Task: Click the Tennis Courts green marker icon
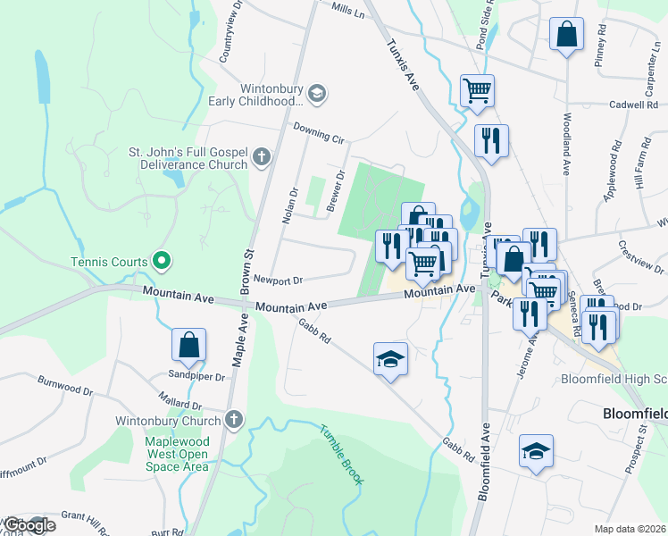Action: (x=161, y=262)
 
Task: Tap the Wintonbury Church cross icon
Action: (x=234, y=420)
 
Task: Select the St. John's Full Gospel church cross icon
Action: (x=261, y=158)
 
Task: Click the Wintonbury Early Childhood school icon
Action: (x=316, y=93)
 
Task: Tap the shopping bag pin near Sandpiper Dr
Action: (x=189, y=346)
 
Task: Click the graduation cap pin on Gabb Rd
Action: (x=390, y=359)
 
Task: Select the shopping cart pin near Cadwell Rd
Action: (x=478, y=90)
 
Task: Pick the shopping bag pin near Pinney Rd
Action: (x=566, y=35)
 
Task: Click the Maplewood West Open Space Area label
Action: (x=179, y=454)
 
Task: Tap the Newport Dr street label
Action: (x=279, y=280)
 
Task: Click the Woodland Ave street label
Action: (x=566, y=143)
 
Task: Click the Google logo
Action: (x=29, y=525)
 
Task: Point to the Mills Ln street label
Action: (x=347, y=11)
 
